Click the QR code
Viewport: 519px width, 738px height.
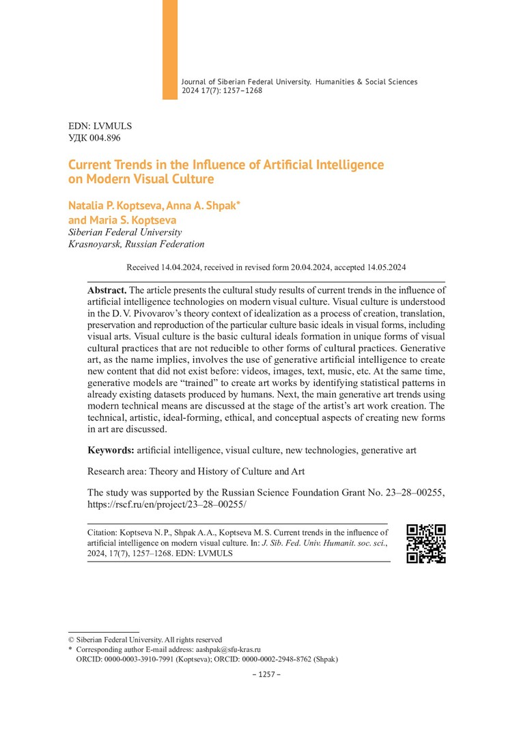coord(426,543)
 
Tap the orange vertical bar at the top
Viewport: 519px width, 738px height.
coord(169,49)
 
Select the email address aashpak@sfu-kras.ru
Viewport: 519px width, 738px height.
coord(229,649)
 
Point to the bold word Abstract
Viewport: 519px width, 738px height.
coord(107,290)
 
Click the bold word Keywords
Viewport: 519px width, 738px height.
coord(111,450)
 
